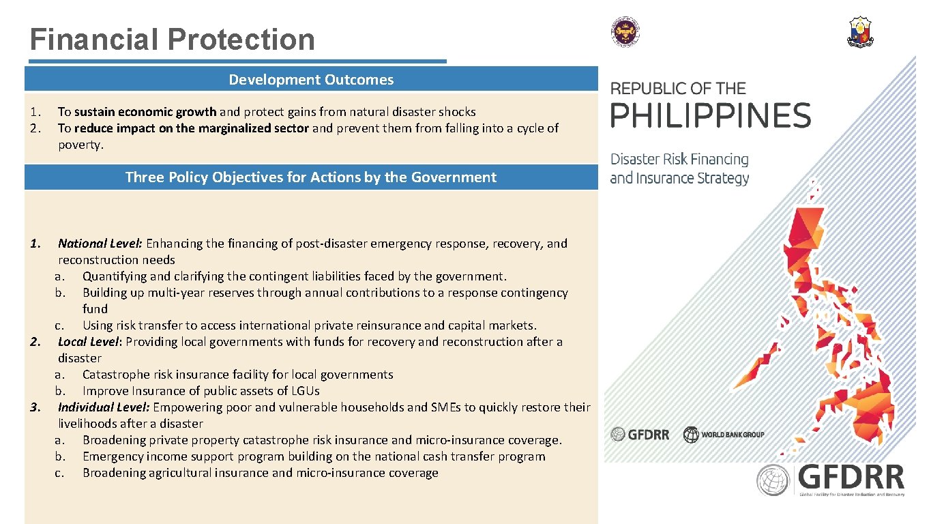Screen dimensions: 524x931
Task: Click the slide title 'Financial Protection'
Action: (x=172, y=40)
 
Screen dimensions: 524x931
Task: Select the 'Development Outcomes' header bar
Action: (x=311, y=79)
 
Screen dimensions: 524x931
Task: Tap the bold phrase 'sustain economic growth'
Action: (x=145, y=112)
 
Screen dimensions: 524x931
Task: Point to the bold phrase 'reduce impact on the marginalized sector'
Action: (x=192, y=128)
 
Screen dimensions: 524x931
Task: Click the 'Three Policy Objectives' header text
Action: (x=311, y=177)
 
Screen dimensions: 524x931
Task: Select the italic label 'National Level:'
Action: (x=100, y=244)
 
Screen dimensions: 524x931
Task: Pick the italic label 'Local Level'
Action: (x=88, y=342)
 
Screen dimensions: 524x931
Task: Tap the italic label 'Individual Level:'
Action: (x=104, y=407)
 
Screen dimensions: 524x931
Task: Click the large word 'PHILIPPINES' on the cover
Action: (x=710, y=115)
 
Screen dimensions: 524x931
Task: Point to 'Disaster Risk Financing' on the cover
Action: (x=679, y=160)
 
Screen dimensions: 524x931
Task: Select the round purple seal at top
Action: (x=625, y=33)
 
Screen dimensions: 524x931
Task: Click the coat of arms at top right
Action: (x=860, y=33)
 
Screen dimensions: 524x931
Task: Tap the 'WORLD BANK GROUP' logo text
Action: (x=733, y=435)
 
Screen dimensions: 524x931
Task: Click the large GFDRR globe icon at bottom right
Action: (x=773, y=480)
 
